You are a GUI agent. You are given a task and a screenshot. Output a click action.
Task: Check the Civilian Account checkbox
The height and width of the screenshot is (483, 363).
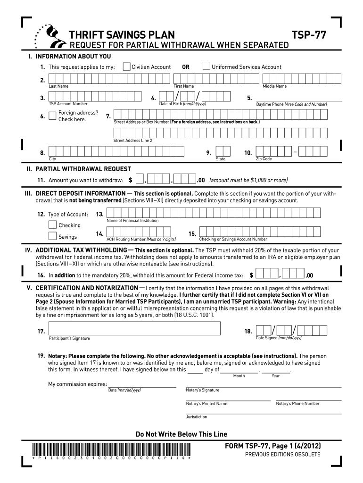point(126,67)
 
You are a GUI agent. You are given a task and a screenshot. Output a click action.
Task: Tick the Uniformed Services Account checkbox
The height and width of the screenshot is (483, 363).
point(206,67)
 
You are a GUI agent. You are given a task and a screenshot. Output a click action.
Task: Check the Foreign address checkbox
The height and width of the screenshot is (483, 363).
point(52,116)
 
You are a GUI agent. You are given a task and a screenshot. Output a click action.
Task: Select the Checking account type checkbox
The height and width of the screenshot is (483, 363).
point(52,225)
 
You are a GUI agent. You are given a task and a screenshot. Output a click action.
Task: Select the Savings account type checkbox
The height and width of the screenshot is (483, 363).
point(52,236)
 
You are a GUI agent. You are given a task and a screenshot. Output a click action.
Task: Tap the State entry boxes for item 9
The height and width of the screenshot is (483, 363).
point(222,151)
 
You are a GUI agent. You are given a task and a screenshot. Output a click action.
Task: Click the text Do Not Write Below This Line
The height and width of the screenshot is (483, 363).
point(181,434)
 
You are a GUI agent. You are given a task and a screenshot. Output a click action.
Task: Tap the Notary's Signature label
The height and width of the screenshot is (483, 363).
point(202,390)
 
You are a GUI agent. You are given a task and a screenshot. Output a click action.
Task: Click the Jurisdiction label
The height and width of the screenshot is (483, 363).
point(196,417)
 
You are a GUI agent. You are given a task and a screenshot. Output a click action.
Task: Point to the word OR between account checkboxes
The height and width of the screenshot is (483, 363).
point(186,67)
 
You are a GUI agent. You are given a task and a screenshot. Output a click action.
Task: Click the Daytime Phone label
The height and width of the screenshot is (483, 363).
point(291,104)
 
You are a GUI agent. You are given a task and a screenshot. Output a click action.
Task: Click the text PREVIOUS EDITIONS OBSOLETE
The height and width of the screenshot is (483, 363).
point(282,454)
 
